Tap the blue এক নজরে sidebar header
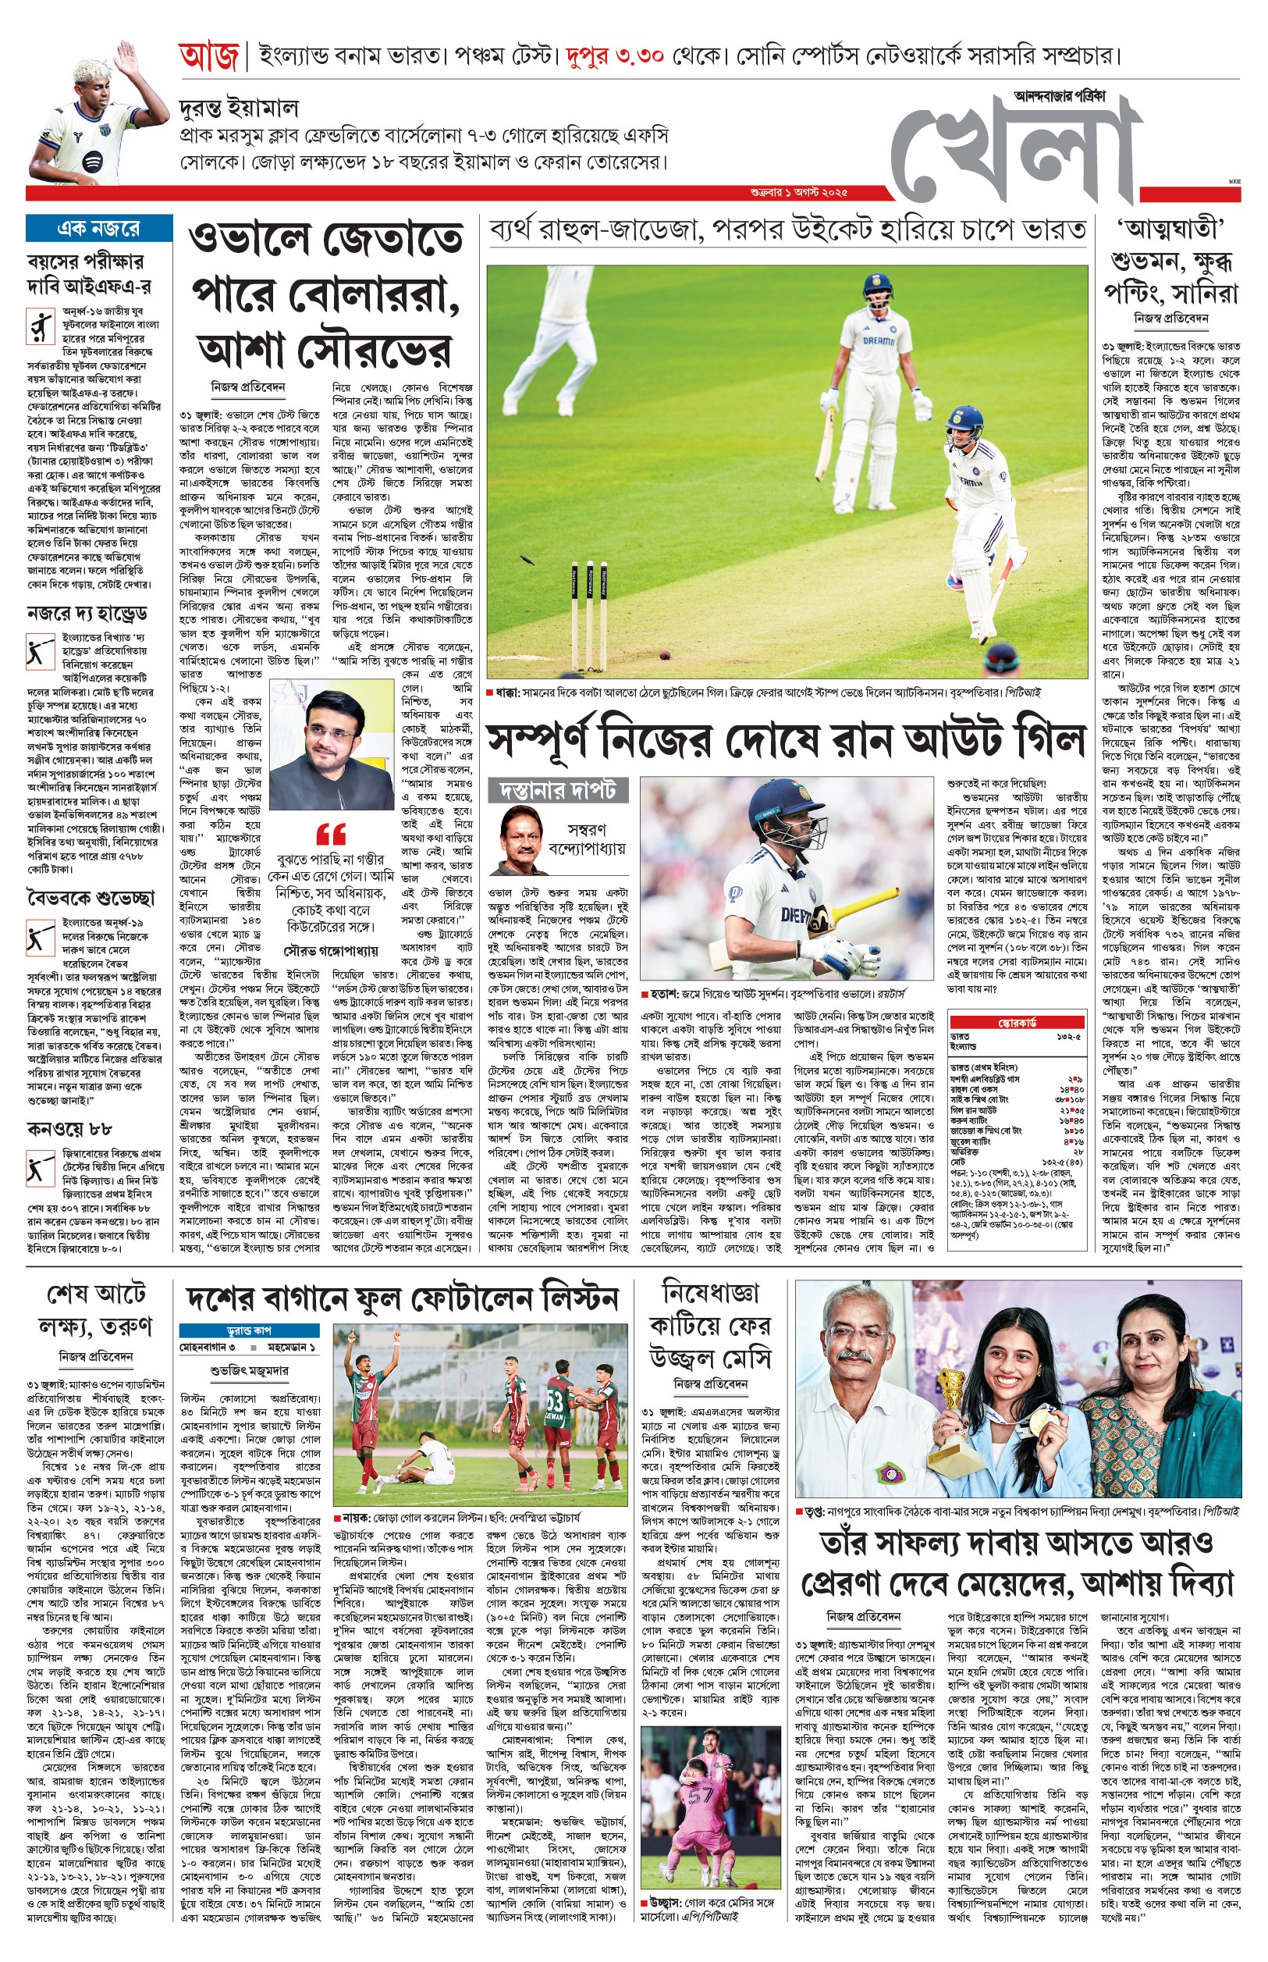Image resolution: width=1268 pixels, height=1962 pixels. click(x=99, y=228)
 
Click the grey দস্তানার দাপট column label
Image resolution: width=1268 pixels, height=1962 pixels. click(x=557, y=791)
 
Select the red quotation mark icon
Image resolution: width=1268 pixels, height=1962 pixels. click(x=331, y=834)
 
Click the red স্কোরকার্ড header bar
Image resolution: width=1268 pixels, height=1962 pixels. click(x=1017, y=1022)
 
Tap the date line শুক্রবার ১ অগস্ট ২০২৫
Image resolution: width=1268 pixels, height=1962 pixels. click(x=799, y=193)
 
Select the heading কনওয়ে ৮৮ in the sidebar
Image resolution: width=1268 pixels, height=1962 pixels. click(x=69, y=1128)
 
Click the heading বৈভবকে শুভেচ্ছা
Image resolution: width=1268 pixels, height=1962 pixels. click(x=91, y=898)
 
